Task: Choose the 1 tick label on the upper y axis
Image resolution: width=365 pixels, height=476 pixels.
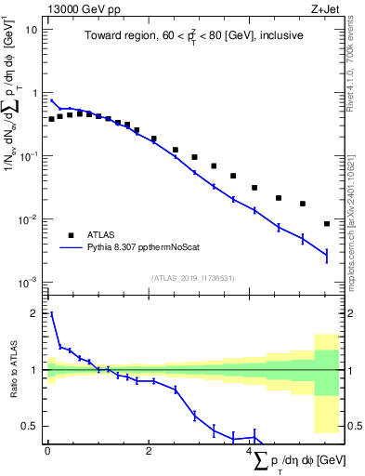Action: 35,93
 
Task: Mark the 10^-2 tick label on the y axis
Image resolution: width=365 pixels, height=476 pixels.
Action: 30,219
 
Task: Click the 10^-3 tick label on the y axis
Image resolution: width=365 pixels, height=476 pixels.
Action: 30,282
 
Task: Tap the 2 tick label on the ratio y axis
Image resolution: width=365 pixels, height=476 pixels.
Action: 35,314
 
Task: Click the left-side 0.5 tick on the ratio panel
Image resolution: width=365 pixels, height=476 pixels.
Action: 31,426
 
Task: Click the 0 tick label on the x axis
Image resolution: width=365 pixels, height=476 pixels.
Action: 47,451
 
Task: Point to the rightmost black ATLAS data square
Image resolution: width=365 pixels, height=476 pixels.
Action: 327,224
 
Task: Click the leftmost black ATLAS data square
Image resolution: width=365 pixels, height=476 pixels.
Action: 51,119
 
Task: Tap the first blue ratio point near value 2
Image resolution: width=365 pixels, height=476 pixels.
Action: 51,314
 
